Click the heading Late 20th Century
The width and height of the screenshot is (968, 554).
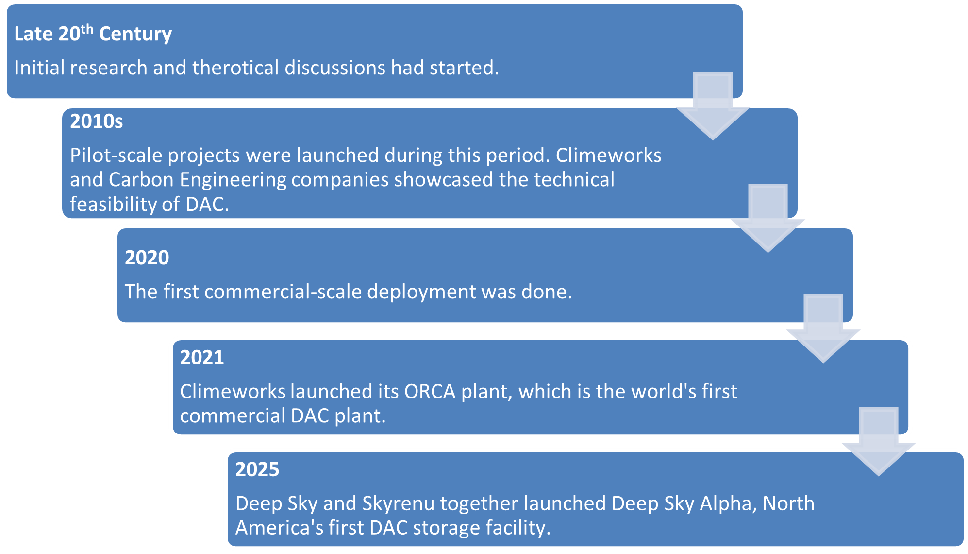coord(93,34)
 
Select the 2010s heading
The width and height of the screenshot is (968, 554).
coord(96,121)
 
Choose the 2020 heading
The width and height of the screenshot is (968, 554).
coord(147,258)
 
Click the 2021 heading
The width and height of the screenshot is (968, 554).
coord(202,358)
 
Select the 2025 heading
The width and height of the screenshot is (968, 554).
coord(257,469)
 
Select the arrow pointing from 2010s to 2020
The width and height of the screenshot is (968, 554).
coord(768,218)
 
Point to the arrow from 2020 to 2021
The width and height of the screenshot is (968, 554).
coord(823,328)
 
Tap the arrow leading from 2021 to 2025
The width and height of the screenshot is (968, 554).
coord(879,441)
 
